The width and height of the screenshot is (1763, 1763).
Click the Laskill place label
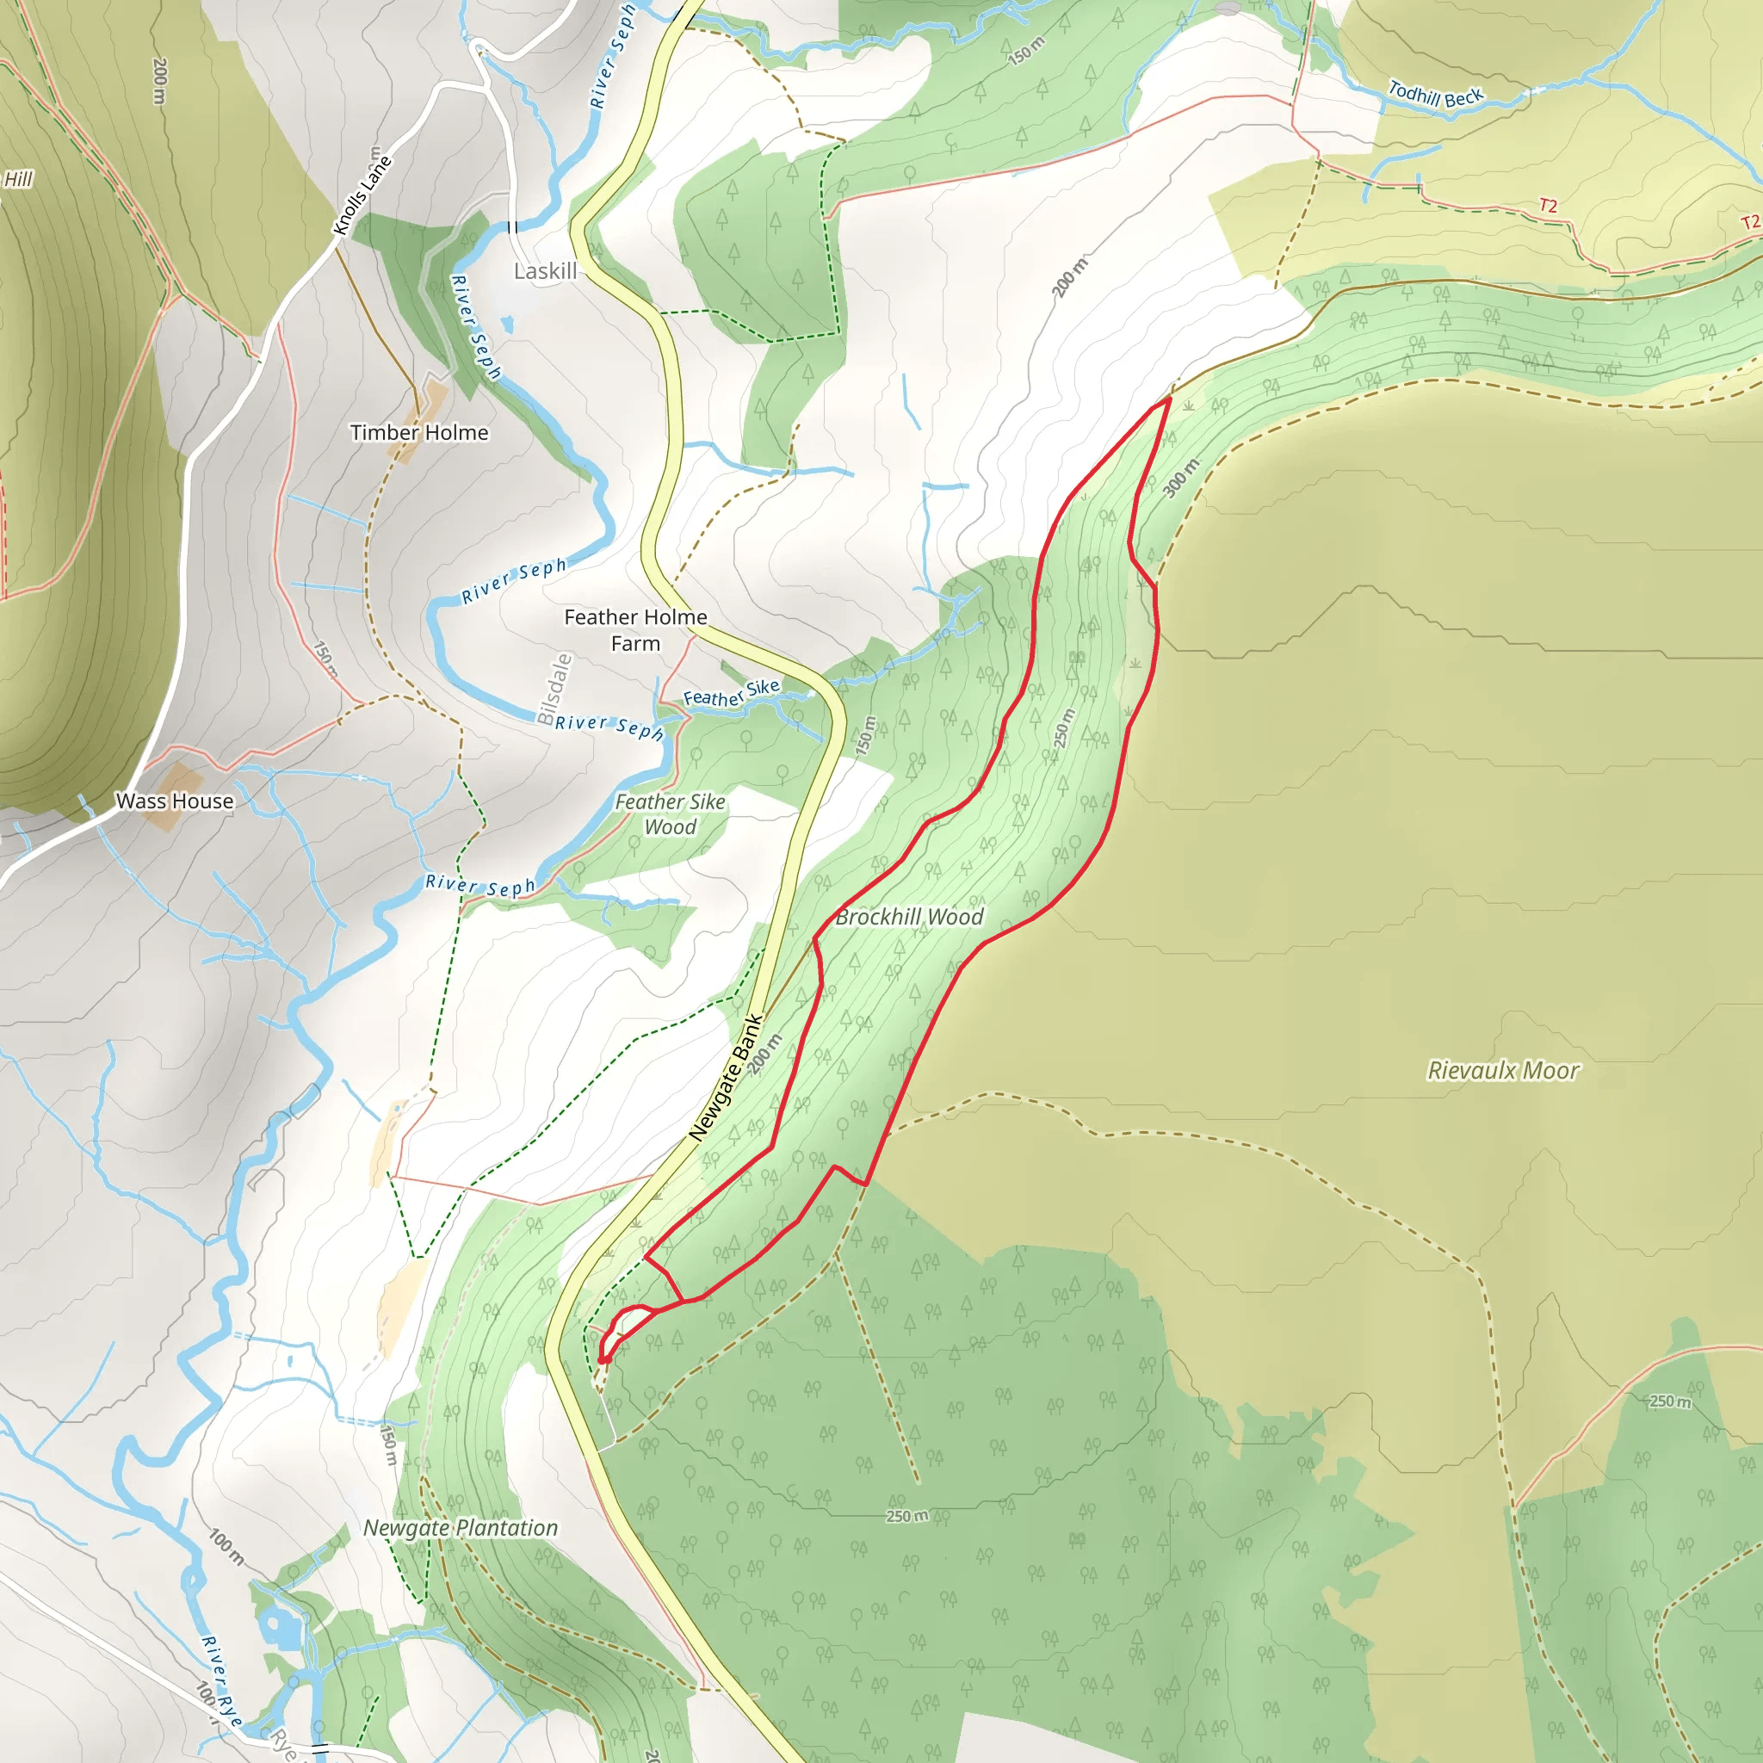(545, 271)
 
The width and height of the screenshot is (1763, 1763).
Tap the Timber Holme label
(419, 432)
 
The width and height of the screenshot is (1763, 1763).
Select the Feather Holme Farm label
(635, 629)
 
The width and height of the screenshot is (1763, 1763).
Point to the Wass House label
(174, 801)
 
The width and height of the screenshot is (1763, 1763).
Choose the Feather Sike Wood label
(670, 814)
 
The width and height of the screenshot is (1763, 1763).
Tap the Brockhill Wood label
(909, 917)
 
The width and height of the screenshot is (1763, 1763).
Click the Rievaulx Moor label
(1502, 1070)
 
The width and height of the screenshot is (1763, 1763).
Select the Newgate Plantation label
(460, 1528)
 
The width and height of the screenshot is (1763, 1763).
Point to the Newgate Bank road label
(726, 1078)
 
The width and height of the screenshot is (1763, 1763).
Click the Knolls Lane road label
(362, 195)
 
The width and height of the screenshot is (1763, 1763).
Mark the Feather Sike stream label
(731, 693)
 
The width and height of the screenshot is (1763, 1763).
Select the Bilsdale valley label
(554, 690)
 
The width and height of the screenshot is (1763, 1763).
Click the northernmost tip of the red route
(1169, 398)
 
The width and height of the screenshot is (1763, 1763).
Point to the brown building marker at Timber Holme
(430, 405)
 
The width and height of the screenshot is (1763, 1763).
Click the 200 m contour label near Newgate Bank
(764, 1054)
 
